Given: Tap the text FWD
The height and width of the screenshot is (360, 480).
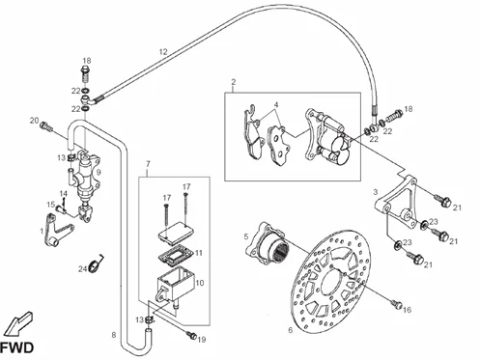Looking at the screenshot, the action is pyautogui.click(x=16, y=347).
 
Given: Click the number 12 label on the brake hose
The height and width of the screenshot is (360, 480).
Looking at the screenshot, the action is pyautogui.click(x=163, y=51).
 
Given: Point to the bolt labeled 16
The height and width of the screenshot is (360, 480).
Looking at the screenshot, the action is pyautogui.click(x=397, y=304).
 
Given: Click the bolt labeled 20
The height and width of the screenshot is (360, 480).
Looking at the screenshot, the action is pyautogui.click(x=46, y=126).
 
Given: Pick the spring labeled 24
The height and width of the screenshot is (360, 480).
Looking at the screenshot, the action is pyautogui.click(x=96, y=263).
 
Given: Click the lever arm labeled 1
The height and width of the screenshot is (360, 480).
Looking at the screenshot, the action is pyautogui.click(x=57, y=230).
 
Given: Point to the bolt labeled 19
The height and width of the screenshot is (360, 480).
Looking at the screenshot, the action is pyautogui.click(x=192, y=336).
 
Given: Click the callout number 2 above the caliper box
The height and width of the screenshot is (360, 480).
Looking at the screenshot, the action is pyautogui.click(x=234, y=82).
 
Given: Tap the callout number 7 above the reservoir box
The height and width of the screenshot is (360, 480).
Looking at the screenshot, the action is pyautogui.click(x=148, y=164).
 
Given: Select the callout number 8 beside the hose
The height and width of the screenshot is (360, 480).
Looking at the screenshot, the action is pyautogui.click(x=114, y=335).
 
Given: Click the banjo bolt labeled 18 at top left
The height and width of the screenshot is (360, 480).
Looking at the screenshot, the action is pyautogui.click(x=86, y=73).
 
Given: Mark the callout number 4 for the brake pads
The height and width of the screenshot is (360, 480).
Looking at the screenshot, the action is pyautogui.click(x=276, y=105).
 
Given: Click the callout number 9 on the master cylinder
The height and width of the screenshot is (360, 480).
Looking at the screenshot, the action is pyautogui.click(x=99, y=173).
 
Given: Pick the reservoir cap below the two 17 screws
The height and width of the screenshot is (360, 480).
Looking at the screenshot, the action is pyautogui.click(x=176, y=233).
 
